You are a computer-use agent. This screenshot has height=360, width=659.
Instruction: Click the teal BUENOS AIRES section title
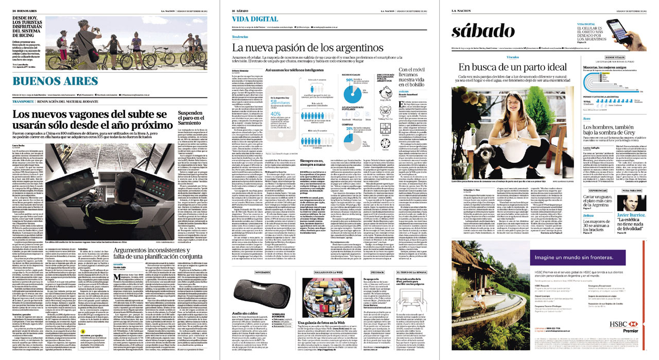(55, 81)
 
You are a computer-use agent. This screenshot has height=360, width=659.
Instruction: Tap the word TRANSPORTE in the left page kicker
(27, 100)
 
